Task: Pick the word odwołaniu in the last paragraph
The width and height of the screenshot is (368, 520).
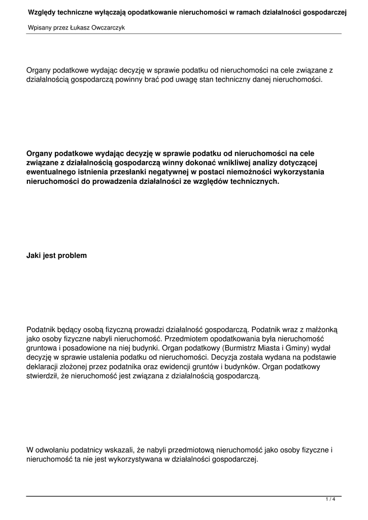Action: click(54, 449)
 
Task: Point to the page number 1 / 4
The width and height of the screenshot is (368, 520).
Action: click(330, 500)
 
